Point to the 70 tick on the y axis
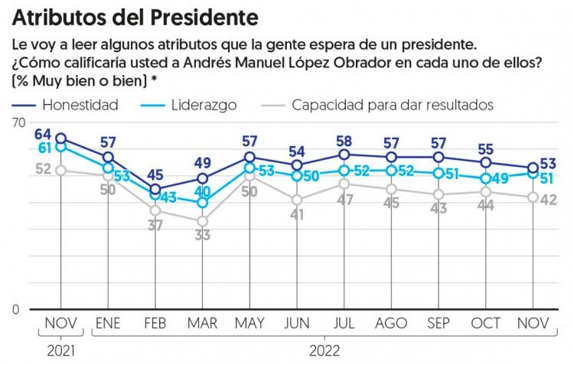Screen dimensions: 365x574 click(18, 122)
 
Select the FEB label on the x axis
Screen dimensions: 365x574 click(155, 324)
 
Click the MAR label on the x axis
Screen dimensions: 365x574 click(202, 324)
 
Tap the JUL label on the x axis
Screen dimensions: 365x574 click(344, 324)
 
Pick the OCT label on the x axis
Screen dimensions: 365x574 click(486, 324)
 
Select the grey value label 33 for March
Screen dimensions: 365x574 click(202, 236)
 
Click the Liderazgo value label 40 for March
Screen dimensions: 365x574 click(202, 192)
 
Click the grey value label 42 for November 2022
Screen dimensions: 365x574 click(547, 200)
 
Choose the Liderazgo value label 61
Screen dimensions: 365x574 click(45, 148)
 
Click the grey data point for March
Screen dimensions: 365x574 click(202, 221)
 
